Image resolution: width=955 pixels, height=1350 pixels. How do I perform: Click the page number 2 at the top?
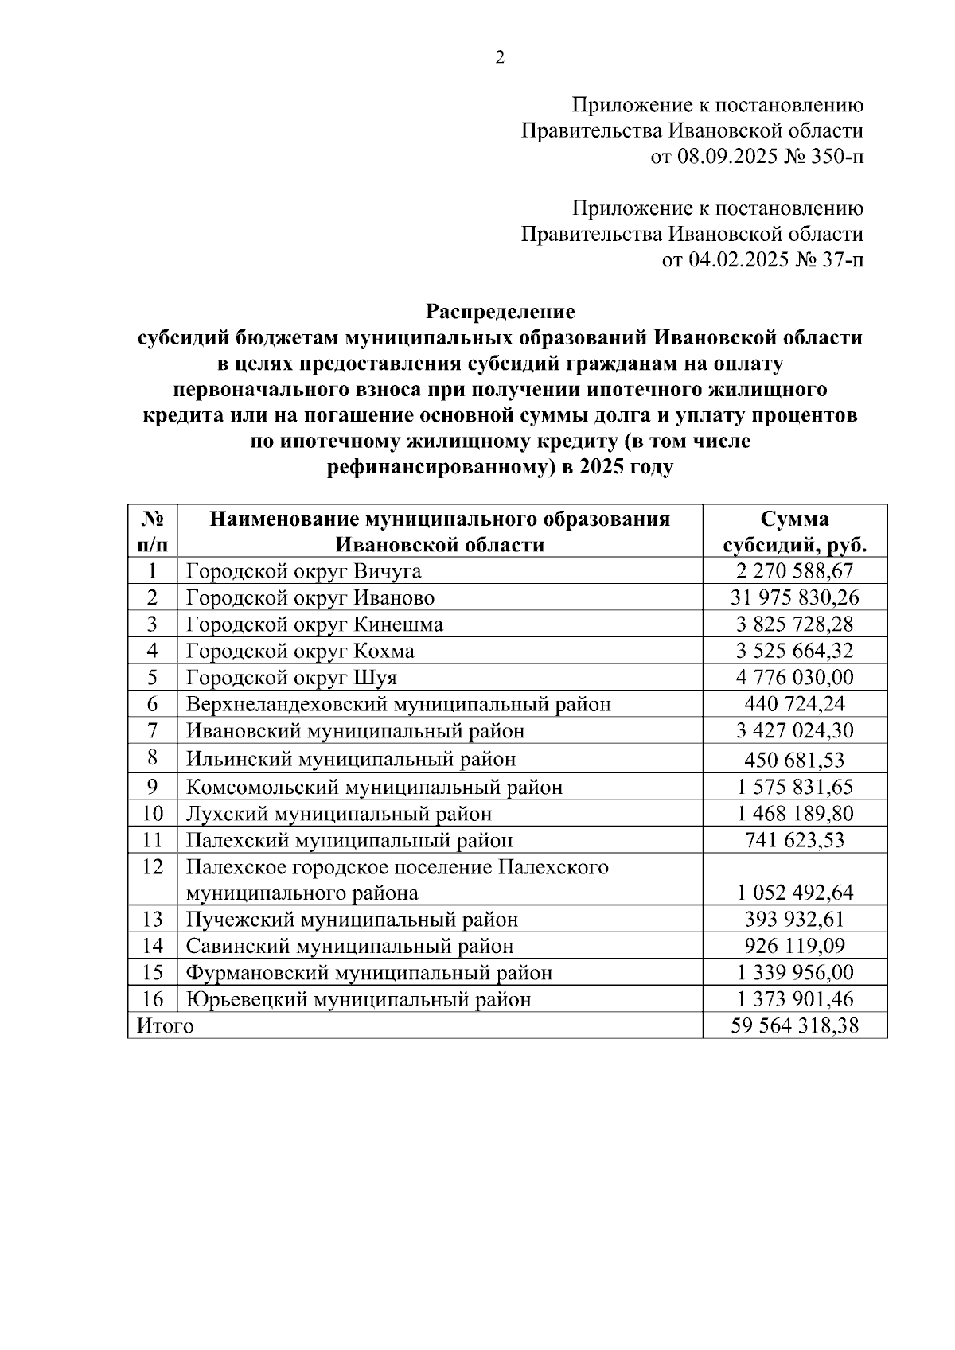500,57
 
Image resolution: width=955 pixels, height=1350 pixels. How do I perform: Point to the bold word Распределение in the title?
500,311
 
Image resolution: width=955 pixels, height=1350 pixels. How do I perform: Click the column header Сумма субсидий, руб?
794,531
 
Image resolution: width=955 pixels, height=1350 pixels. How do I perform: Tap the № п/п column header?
153,531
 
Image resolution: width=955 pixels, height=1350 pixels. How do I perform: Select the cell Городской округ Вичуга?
304,571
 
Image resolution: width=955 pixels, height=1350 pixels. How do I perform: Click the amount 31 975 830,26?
794,597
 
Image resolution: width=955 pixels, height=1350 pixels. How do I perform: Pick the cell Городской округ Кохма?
300,651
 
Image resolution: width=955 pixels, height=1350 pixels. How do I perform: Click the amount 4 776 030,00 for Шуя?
794,677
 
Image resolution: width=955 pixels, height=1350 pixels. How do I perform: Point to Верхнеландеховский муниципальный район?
399,704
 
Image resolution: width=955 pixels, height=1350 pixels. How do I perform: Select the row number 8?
153,758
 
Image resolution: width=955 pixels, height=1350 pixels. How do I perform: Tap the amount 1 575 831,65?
794,787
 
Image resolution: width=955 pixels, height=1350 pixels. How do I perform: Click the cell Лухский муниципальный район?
339,814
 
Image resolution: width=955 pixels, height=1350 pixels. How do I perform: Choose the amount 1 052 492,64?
794,893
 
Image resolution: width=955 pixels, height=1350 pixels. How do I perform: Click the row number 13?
153,920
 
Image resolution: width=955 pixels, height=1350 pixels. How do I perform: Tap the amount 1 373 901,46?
794,999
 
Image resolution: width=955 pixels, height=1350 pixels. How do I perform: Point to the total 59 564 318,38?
794,1025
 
